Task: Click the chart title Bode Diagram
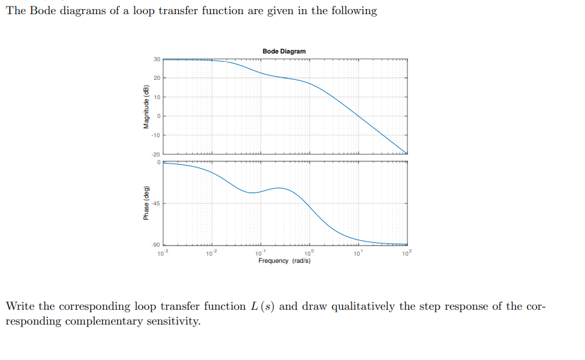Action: click(x=284, y=51)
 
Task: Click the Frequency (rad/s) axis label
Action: click(x=284, y=261)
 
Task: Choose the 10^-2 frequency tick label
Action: click(x=210, y=252)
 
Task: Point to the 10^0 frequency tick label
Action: click(x=310, y=252)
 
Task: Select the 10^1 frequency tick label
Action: click(x=358, y=252)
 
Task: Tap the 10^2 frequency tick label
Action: click(x=407, y=252)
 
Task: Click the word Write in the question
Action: click(x=20, y=306)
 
